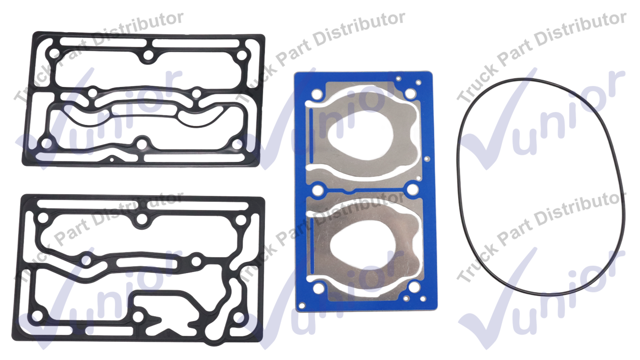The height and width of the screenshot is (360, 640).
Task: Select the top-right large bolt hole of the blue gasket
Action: coord(410,93)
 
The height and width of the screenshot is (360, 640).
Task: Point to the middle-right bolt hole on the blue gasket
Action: coord(413,189)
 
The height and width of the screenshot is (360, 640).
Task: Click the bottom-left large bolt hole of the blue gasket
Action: coord(318,289)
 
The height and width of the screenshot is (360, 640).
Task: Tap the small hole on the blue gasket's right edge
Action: coord(427,159)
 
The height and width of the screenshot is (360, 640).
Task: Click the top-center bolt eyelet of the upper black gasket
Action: coord(148,55)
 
